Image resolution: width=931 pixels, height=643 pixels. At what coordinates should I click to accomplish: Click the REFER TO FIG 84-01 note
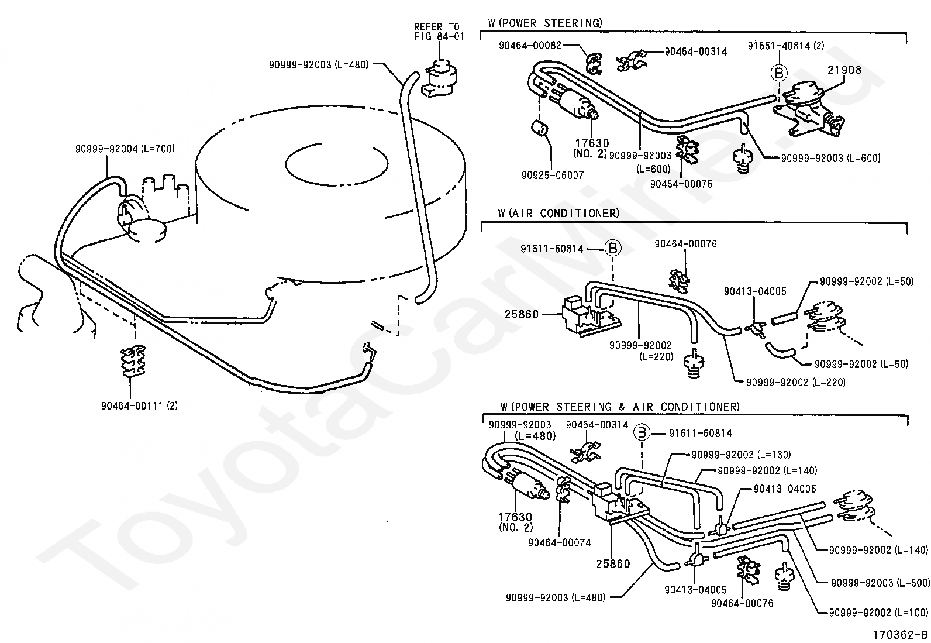pos(439,32)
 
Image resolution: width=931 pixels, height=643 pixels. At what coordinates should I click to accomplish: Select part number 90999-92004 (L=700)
pos(125,149)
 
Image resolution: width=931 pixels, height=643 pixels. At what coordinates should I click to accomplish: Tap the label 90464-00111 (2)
pos(140,405)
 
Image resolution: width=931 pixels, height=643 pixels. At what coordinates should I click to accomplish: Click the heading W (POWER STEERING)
pos(545,23)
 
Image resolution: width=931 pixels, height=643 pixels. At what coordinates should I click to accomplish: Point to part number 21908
pos(844,70)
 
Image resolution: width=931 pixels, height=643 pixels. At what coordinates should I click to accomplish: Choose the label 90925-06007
pos(553,176)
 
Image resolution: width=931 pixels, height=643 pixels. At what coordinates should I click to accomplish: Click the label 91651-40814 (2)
pos(786,45)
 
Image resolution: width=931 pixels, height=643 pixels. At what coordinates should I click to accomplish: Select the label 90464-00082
pos(530,45)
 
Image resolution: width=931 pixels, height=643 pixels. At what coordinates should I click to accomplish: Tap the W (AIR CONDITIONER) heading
pos(558,214)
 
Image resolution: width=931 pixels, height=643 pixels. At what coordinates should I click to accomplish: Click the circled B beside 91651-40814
pos(779,73)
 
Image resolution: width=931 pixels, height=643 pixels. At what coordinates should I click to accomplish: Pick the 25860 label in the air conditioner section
pos(522,314)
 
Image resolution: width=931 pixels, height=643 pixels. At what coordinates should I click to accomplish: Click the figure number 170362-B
pos(900,635)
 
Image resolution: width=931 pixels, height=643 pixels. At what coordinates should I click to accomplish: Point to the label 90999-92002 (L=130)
pos(741,455)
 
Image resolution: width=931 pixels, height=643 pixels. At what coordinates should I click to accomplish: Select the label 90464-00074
pos(560,543)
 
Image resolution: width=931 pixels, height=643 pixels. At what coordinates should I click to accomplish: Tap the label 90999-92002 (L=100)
pos(878,613)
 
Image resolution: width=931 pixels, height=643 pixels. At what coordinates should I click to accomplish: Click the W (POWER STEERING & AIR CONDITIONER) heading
pos(620,407)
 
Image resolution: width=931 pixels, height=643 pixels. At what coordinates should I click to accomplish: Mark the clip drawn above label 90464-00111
pos(133,361)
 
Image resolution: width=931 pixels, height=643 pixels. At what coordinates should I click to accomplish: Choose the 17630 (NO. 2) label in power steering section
pos(591,149)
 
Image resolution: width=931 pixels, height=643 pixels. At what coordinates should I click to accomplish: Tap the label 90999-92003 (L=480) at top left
pos(318,65)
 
